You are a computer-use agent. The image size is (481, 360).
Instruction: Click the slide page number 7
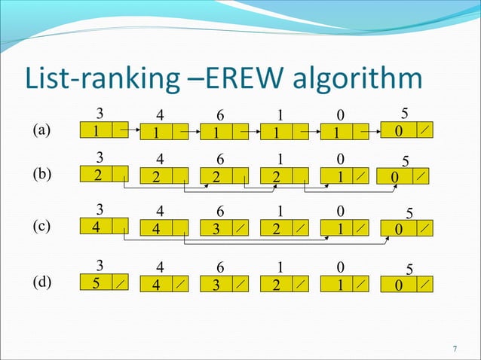[455, 348]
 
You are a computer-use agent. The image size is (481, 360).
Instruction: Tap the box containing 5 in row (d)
[97, 285]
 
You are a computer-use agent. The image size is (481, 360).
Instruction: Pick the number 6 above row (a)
[220, 115]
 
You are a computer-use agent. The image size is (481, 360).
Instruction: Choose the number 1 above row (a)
[279, 115]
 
